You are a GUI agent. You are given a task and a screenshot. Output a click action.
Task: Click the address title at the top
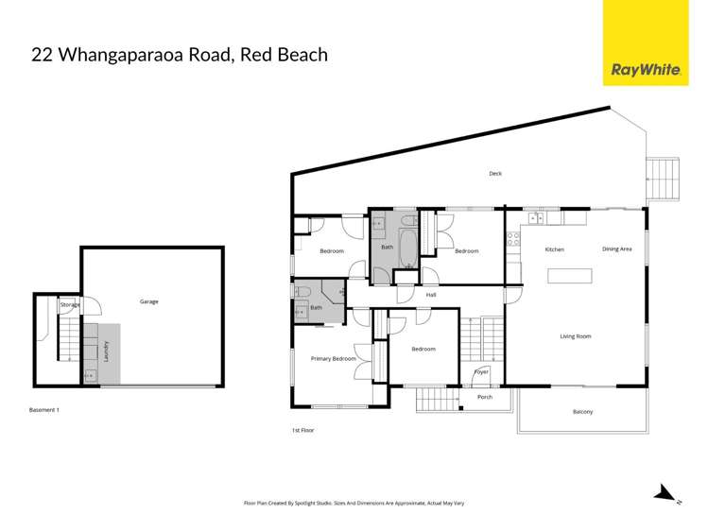[x=180, y=55]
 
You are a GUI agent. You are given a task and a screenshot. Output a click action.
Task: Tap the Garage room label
[x=149, y=301]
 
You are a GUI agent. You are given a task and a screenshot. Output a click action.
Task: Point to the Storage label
[x=69, y=305]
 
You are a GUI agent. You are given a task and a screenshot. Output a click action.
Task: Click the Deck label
[x=495, y=173]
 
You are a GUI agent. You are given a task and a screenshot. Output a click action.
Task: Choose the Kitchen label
[x=554, y=249]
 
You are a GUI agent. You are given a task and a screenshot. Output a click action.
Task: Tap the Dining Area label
[x=616, y=249]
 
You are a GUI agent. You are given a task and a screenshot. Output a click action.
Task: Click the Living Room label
[x=575, y=336]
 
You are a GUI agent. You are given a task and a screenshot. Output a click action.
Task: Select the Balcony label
[x=583, y=412]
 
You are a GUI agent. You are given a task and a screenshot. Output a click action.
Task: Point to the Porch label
[x=485, y=397]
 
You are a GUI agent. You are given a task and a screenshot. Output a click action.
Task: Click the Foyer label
[x=480, y=372]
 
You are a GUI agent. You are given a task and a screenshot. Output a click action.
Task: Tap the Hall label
[x=430, y=295]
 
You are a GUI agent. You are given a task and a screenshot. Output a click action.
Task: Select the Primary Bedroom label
[x=334, y=359]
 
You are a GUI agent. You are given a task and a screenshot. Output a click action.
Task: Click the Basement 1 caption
[x=45, y=410]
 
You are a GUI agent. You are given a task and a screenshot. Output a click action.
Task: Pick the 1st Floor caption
[x=302, y=430]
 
